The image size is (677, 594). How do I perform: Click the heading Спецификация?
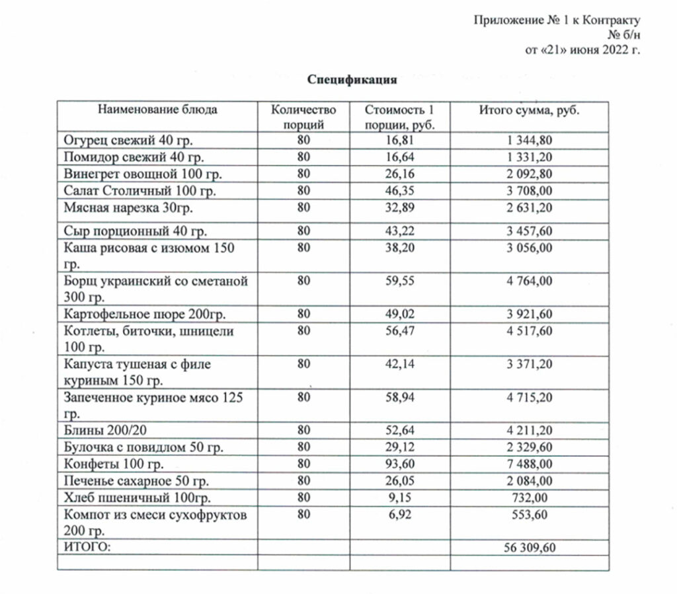352,81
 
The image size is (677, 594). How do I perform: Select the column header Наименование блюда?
157,110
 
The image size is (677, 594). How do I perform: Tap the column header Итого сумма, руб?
529,110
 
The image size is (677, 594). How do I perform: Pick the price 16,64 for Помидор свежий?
399,157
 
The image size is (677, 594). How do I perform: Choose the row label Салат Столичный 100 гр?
140,192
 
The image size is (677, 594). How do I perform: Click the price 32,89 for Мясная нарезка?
399,208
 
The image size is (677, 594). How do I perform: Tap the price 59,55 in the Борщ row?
399,280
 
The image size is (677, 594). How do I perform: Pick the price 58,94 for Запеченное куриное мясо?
399,398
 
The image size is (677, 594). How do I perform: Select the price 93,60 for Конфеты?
399,464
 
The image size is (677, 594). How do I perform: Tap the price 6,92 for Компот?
399,515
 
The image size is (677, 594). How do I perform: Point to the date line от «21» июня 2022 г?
582,50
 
